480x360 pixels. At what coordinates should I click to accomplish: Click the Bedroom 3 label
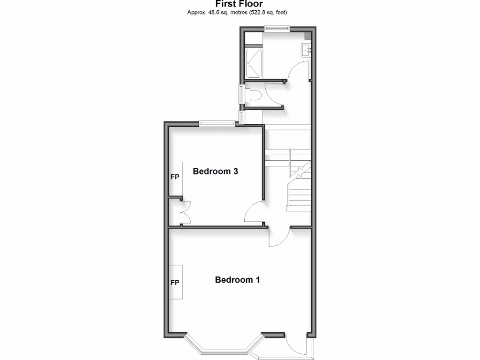point(216,172)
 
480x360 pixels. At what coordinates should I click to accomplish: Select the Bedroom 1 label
point(237,280)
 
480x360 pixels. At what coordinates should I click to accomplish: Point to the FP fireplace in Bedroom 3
point(175,178)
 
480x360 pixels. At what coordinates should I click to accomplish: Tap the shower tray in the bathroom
point(254,63)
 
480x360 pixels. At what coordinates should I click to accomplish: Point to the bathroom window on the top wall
point(276,28)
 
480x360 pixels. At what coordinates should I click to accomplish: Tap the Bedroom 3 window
point(217,124)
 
